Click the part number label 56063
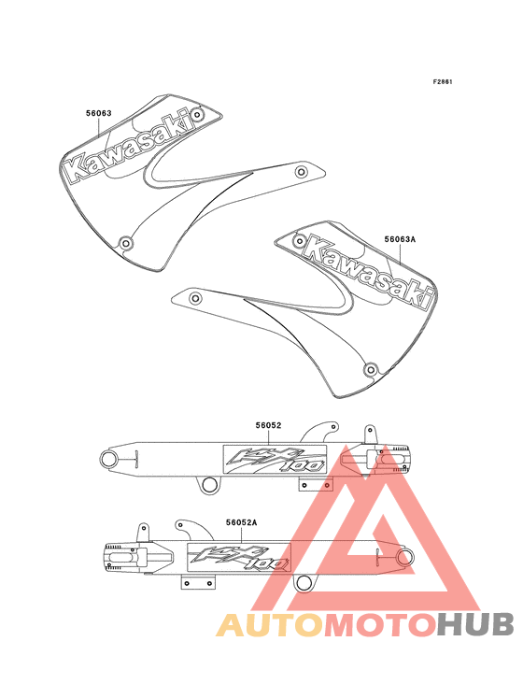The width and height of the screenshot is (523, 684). [98, 113]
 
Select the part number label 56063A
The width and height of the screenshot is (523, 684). [400, 239]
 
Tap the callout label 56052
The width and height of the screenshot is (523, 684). [268, 425]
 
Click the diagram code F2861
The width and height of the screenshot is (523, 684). [443, 81]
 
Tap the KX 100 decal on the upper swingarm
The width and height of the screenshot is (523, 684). [275, 460]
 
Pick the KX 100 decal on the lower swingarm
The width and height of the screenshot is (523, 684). [239, 558]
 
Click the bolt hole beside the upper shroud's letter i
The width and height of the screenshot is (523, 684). [198, 115]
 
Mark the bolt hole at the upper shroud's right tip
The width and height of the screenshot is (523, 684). [301, 171]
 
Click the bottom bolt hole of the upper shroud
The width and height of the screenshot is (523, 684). [126, 243]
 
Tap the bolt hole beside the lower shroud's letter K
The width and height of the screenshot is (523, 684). [300, 240]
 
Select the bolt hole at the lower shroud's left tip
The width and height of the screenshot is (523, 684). [195, 298]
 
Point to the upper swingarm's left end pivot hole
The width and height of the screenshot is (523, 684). [108, 459]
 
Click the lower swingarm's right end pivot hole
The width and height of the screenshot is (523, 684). [405, 557]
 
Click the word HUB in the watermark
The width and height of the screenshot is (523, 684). [475, 625]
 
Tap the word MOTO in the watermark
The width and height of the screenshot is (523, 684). [381, 625]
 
